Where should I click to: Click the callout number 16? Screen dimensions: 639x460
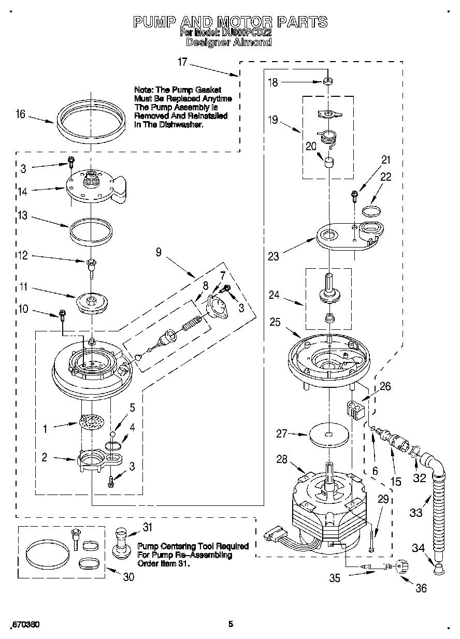tap(20, 114)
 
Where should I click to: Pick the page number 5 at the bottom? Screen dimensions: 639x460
tap(231, 625)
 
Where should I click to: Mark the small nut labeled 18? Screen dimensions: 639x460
tap(328, 81)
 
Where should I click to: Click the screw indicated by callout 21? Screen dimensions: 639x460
tap(354, 195)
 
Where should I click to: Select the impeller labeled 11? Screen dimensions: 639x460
tap(91, 302)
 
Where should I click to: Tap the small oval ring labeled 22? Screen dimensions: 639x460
tap(370, 210)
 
